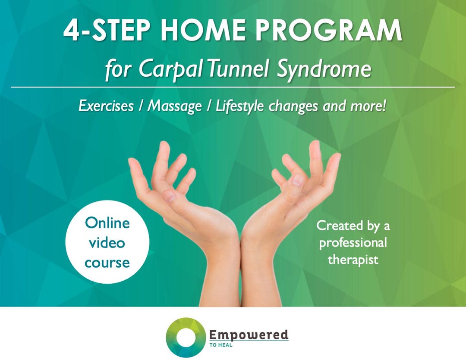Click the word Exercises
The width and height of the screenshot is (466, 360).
[106, 106]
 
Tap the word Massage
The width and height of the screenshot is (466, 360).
[175, 106]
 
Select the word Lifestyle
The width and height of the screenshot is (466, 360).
[239, 106]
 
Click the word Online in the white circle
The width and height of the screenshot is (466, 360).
[107, 223]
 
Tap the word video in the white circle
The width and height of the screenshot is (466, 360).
[107, 243]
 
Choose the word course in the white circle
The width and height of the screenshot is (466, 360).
[107, 262]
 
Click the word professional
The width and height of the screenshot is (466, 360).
[353, 243]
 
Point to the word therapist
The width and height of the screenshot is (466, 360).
[353, 260]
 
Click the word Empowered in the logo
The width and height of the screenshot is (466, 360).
[249, 335]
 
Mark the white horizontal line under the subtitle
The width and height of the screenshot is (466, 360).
[233, 87]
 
